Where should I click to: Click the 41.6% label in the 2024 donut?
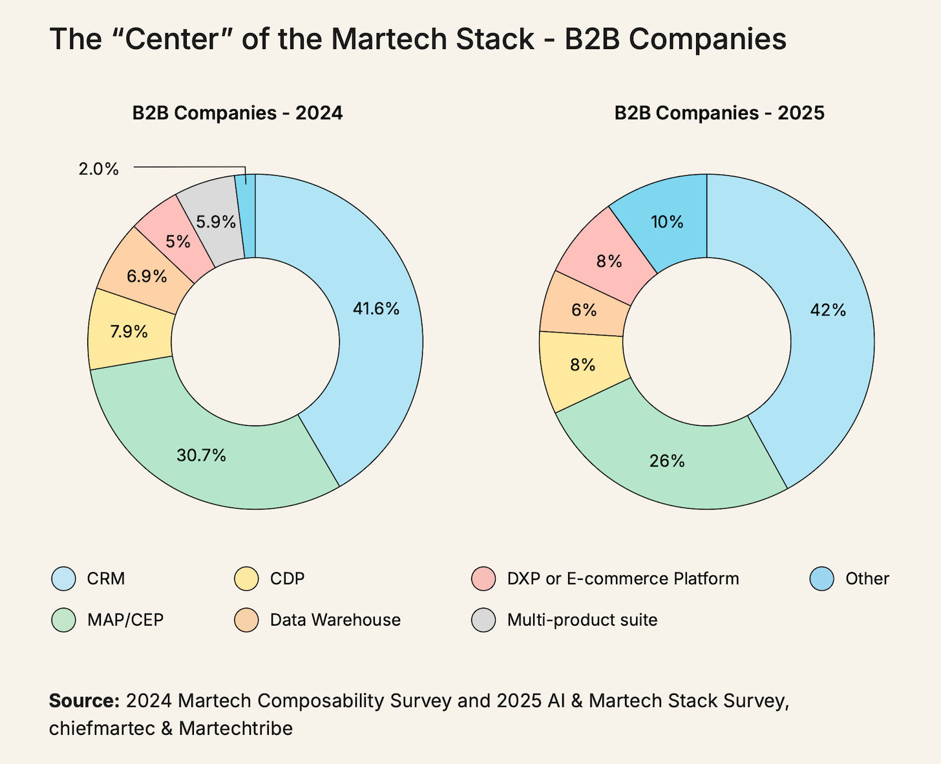[376, 309]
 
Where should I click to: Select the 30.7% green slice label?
[202, 456]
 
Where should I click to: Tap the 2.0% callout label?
[98, 169]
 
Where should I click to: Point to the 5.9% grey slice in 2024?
[215, 222]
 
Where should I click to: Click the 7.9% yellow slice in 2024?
[129, 332]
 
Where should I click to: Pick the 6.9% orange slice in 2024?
[147, 277]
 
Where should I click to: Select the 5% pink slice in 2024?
[178, 242]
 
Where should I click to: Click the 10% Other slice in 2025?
[667, 222]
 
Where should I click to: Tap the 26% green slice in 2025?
[667, 461]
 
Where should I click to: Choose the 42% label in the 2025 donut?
[828, 310]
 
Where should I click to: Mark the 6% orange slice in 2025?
[584, 310]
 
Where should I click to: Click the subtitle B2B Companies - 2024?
[237, 113]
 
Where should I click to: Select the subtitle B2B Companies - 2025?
[719, 113]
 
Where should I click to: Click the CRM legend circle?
[63, 578]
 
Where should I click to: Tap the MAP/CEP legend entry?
[125, 620]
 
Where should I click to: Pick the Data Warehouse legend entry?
[335, 620]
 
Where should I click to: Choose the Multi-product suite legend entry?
[582, 620]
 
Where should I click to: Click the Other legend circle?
[821, 578]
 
